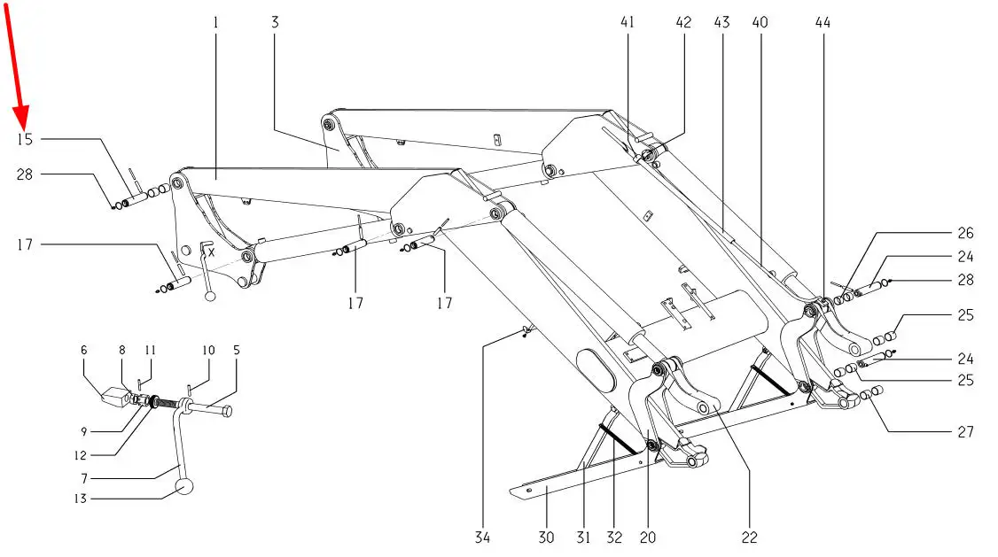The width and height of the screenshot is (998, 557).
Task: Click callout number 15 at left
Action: point(24,139)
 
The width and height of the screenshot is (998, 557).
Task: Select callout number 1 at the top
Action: point(215,23)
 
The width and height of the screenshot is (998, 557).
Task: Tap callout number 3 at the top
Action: point(275,23)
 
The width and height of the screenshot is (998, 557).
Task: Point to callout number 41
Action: point(628,23)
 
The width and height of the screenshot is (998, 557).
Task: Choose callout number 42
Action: point(683,23)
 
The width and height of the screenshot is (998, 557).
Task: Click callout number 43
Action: point(721,23)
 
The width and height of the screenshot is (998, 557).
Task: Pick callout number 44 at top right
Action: point(823,23)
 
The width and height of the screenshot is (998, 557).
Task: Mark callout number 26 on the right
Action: point(965,234)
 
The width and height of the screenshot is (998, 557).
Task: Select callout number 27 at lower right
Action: point(965,432)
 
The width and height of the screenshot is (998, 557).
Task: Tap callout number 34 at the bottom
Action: point(482,538)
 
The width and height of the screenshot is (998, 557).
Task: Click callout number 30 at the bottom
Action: point(546,538)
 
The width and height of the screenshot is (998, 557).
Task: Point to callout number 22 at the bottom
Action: point(750,538)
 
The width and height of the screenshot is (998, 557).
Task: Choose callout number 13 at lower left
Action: point(80,499)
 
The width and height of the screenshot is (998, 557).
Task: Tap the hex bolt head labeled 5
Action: point(226,411)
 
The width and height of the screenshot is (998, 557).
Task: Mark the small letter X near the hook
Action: point(211,252)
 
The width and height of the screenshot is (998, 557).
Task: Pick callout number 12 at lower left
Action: point(80,456)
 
